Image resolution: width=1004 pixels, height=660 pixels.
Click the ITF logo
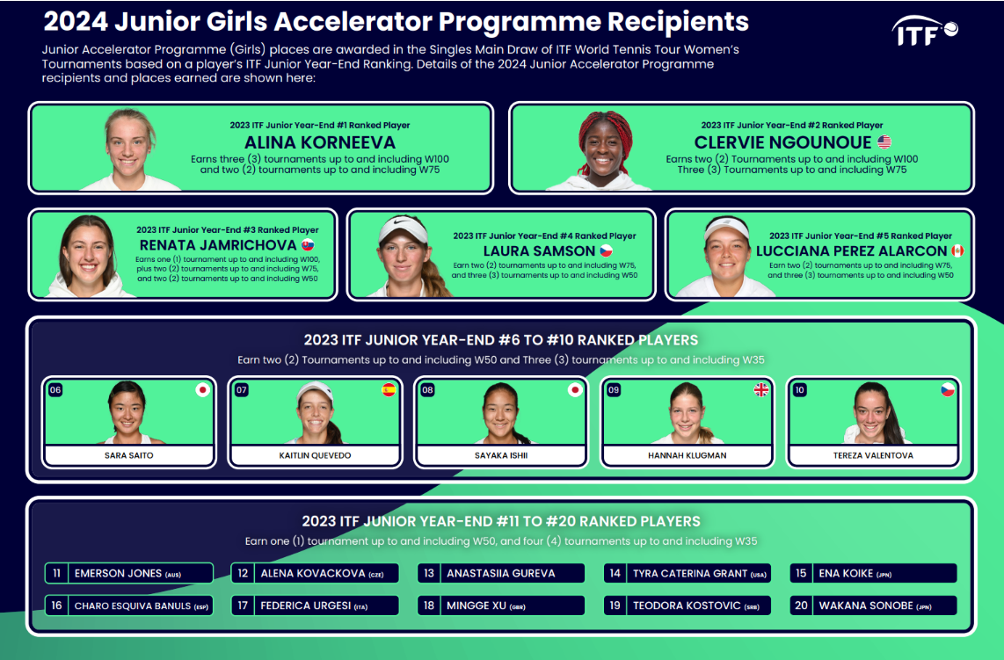click(x=925, y=32)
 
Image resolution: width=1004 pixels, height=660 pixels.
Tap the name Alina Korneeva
click(x=320, y=142)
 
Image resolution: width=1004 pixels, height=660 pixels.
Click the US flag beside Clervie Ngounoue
click(x=884, y=141)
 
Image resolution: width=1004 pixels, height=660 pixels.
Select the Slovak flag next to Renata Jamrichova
click(x=308, y=244)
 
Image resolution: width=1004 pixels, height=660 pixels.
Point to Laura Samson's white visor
click(x=402, y=229)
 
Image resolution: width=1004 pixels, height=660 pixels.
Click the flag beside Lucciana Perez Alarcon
click(x=957, y=250)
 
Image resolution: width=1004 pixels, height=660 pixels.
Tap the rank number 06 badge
click(x=55, y=390)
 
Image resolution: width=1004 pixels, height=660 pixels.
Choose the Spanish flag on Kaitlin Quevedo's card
click(x=389, y=390)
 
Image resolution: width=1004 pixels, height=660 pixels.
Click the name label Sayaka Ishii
click(x=501, y=455)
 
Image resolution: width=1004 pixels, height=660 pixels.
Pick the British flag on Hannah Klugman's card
click(x=760, y=390)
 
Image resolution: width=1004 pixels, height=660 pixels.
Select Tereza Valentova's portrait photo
click(x=873, y=413)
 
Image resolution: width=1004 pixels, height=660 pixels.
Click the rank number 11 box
click(x=57, y=573)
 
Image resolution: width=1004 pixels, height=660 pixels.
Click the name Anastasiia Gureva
click(x=501, y=574)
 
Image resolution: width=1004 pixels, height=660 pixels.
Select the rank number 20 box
click(x=801, y=606)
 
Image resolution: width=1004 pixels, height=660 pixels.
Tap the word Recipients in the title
click(x=678, y=22)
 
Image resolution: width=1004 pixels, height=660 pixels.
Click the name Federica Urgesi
click(x=305, y=606)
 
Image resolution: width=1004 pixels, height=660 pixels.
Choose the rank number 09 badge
click(x=614, y=390)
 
